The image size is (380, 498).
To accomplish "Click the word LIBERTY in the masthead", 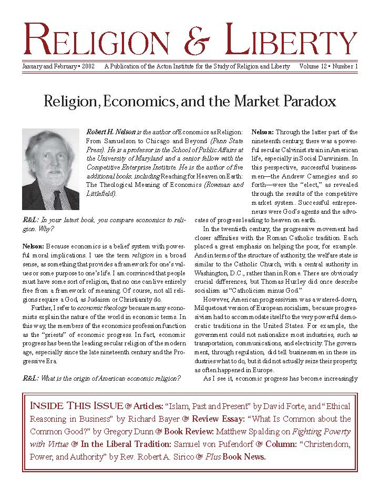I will pyautogui.click(x=292, y=41).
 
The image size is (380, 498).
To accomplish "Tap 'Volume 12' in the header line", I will pyautogui.click(x=315, y=67).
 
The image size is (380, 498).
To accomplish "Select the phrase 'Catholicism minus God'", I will pyautogui.click(x=261, y=290).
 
